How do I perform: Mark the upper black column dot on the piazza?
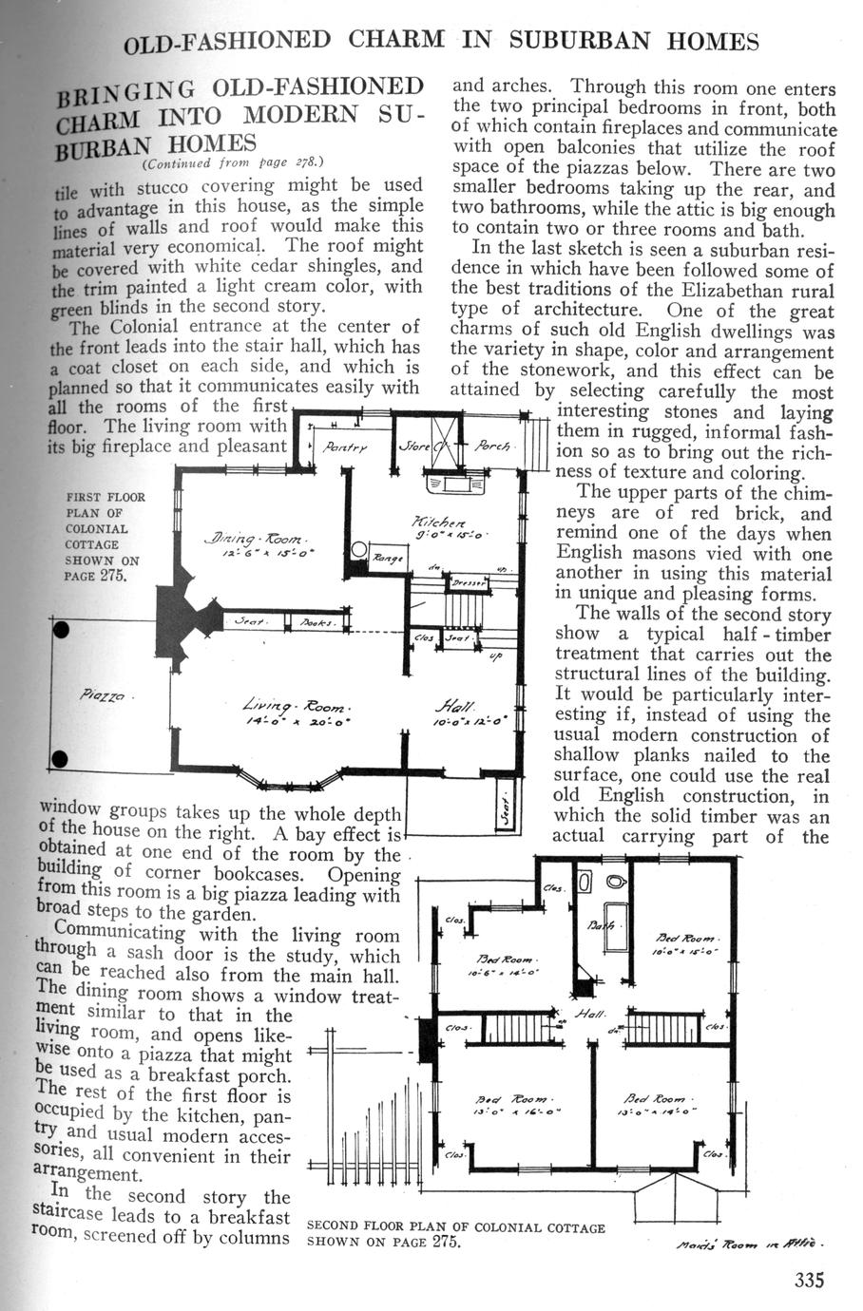click(62, 631)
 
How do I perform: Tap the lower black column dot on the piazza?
click(62, 758)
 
